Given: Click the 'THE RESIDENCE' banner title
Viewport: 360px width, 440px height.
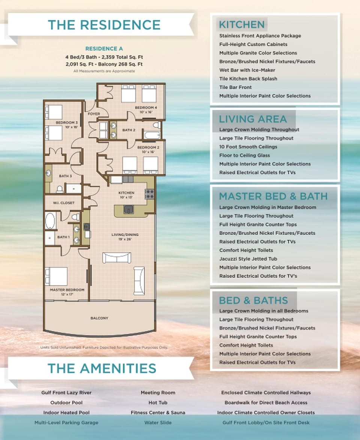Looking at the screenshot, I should (x=104, y=25).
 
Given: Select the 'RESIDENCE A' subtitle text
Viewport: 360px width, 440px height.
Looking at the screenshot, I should (x=104, y=49).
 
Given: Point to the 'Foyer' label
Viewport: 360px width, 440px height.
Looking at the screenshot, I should (x=93, y=114).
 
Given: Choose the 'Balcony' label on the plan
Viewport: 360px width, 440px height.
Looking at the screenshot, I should (x=99, y=318).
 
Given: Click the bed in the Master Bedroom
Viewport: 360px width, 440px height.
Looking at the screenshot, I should (x=56, y=276).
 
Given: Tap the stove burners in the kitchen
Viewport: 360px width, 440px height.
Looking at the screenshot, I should (x=149, y=194).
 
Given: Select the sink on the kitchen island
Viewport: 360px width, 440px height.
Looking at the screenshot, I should (x=128, y=210).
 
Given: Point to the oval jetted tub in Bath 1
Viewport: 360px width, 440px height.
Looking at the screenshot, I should (x=50, y=221).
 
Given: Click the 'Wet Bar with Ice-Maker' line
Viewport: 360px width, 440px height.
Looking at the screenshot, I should (x=247, y=70).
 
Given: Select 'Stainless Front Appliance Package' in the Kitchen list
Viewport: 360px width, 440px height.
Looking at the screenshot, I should (x=260, y=36).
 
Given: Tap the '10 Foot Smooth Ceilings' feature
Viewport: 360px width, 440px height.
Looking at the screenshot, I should (x=248, y=147).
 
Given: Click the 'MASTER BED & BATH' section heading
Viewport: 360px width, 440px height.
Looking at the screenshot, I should (x=273, y=196).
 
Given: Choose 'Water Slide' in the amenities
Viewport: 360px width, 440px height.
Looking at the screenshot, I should (x=157, y=422).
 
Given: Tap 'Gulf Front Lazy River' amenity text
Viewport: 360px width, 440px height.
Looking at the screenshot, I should (x=66, y=393).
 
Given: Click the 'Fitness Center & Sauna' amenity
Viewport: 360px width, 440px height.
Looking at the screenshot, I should (x=157, y=413).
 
